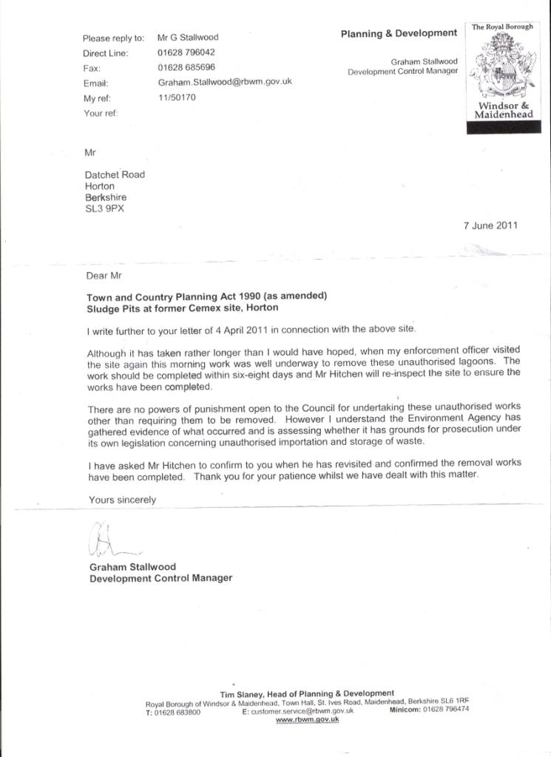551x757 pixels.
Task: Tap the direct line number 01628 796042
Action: [x=186, y=52]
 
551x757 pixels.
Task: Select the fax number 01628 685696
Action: [x=186, y=67]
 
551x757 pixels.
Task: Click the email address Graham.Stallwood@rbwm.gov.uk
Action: [x=225, y=82]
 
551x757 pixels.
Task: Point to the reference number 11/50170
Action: [x=177, y=97]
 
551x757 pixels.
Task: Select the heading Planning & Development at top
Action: [x=399, y=33]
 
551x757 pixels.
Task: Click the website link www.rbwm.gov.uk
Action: [x=307, y=719]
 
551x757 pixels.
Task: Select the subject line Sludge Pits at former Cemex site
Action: [x=184, y=308]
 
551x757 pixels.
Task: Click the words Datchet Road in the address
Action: [x=115, y=174]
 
